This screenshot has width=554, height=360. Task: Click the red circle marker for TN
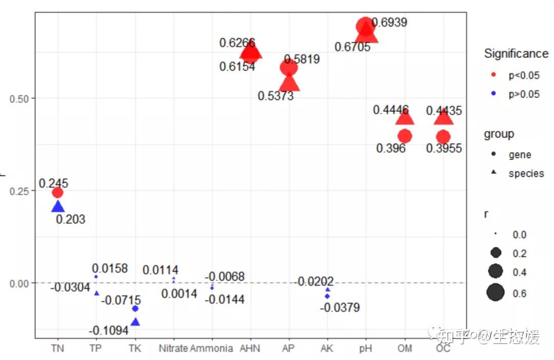pyautogui.click(x=57, y=192)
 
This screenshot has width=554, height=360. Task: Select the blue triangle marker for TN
pyautogui.click(x=57, y=207)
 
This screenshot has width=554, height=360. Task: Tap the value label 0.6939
pyautogui.click(x=389, y=22)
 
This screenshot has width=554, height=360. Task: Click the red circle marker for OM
pyautogui.click(x=405, y=136)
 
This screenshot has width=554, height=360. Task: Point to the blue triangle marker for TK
pyautogui.click(x=135, y=322)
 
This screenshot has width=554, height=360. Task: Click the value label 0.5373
pyautogui.click(x=276, y=96)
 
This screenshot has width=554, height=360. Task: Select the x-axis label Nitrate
pyautogui.click(x=173, y=349)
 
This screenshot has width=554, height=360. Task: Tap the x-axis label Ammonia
pyautogui.click(x=211, y=349)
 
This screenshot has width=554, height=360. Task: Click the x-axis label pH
pyautogui.click(x=366, y=349)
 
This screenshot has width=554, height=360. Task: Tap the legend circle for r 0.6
pyautogui.click(x=496, y=293)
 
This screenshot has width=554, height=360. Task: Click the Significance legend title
pyautogui.click(x=516, y=53)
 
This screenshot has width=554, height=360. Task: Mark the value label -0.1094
pyautogui.click(x=108, y=331)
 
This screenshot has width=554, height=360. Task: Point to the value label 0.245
pyautogui.click(x=53, y=183)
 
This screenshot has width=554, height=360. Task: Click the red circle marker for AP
pyautogui.click(x=289, y=68)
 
